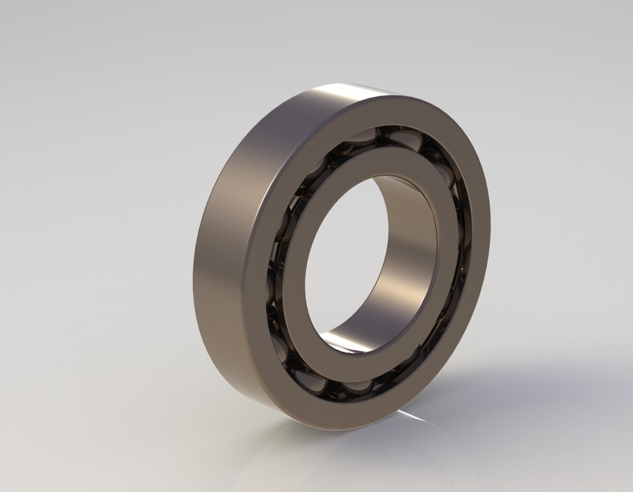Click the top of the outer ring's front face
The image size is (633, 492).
[x=385, y=108]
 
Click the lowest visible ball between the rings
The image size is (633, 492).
[x=346, y=384]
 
